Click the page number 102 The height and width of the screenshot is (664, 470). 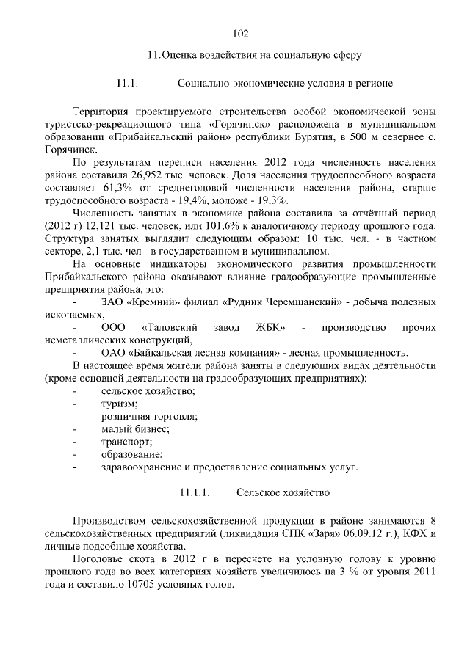(x=241, y=34)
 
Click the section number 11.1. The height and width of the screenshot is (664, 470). (x=127, y=83)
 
